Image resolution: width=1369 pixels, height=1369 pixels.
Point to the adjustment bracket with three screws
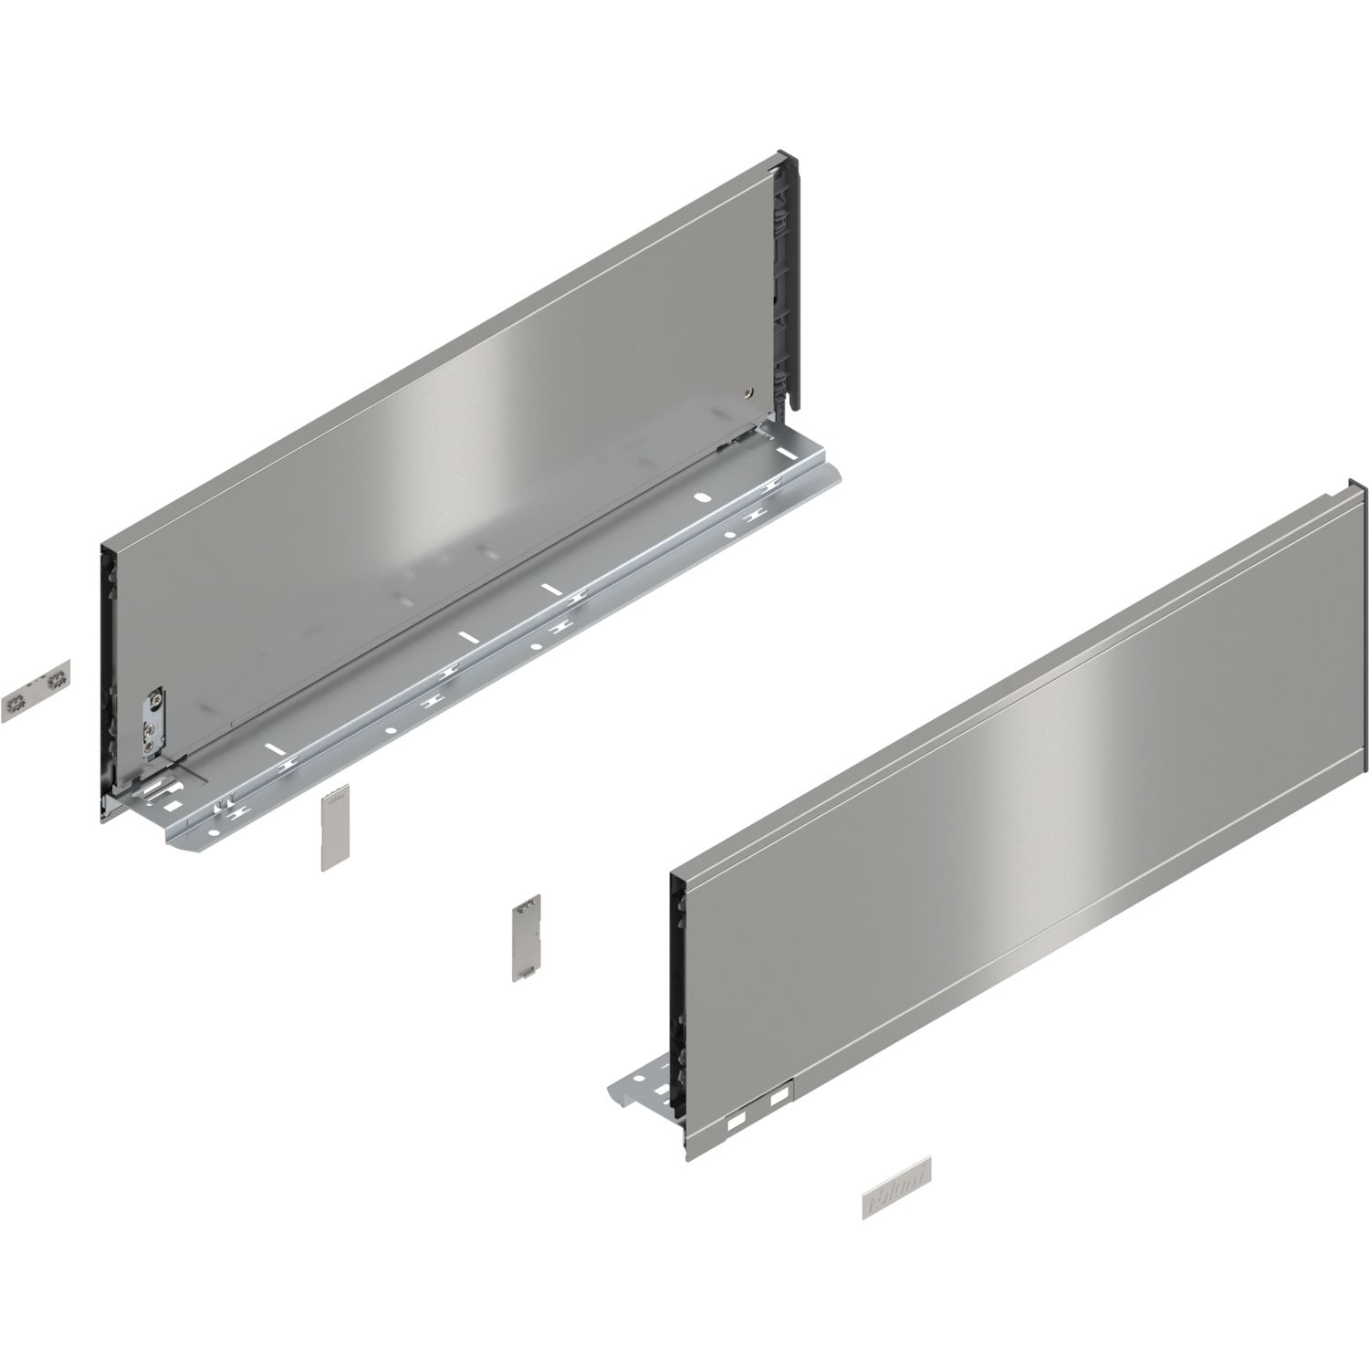(153, 721)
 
